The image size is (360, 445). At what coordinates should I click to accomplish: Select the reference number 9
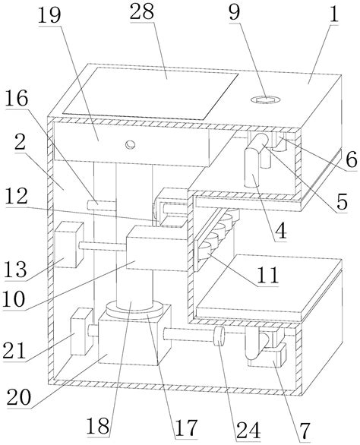(235, 11)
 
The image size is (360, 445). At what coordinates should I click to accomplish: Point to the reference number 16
(17, 98)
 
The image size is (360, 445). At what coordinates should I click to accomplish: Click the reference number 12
(17, 197)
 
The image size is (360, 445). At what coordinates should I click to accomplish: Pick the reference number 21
(14, 351)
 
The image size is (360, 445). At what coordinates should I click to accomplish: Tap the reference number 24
(248, 430)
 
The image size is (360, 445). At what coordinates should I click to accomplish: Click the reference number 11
(267, 275)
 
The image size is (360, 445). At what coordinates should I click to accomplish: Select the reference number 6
(351, 159)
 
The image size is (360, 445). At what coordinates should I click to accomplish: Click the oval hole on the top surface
(266, 99)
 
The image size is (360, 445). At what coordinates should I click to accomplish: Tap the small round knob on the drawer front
(131, 144)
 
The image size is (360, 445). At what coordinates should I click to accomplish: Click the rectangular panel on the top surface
(150, 93)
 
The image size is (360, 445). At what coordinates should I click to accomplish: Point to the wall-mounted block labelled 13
(68, 245)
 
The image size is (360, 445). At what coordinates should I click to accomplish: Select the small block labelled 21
(81, 332)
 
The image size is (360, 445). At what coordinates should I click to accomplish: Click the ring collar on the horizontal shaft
(219, 336)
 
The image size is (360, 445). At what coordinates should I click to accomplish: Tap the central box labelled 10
(156, 248)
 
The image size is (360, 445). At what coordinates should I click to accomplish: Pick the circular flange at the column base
(134, 311)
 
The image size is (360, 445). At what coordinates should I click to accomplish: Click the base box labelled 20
(134, 340)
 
